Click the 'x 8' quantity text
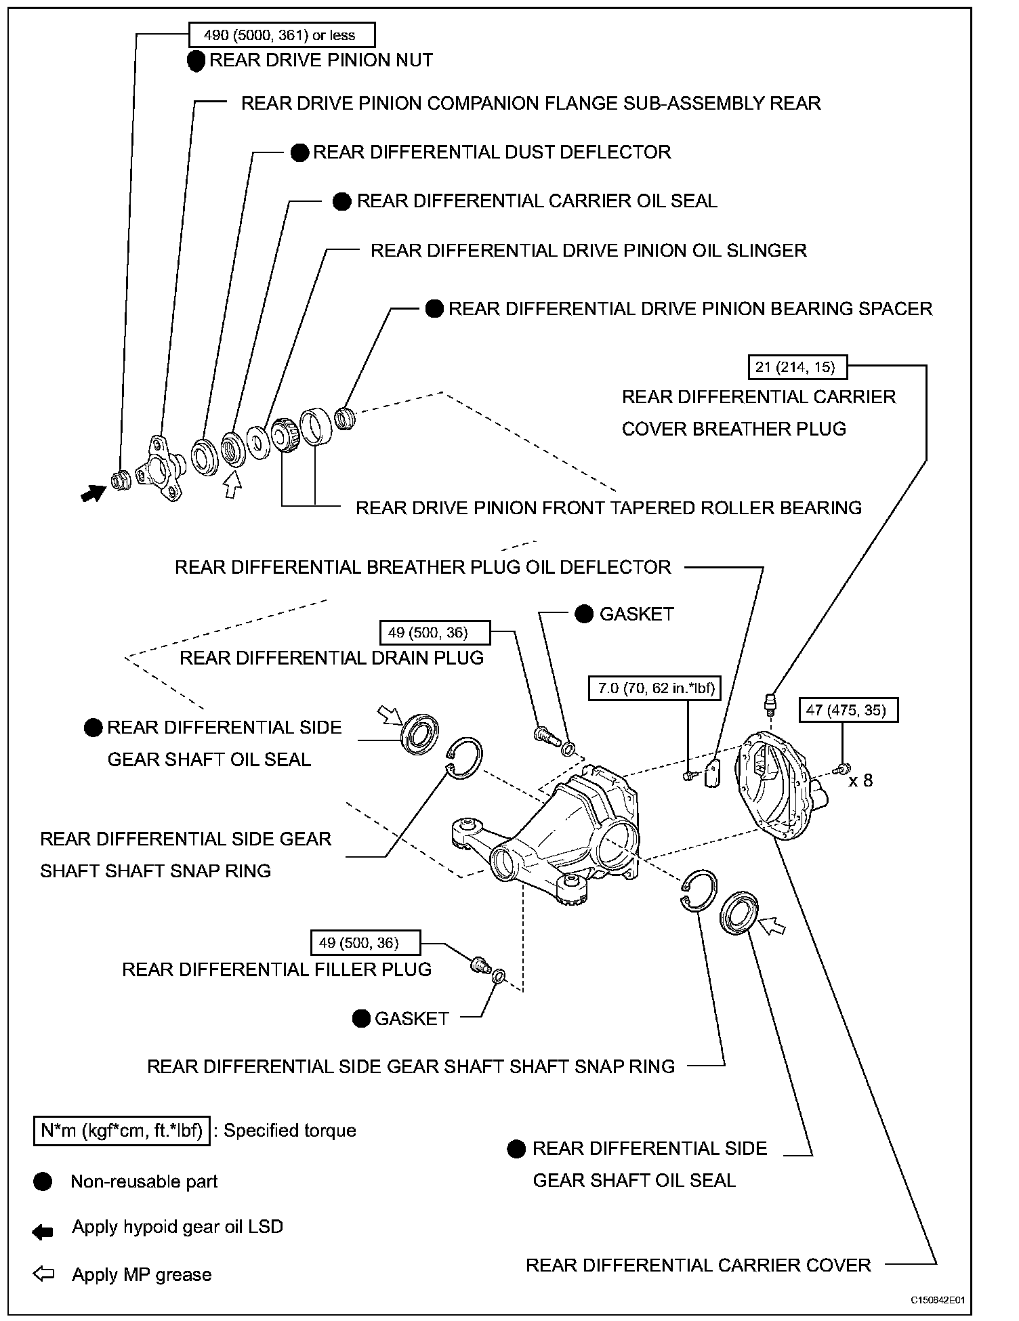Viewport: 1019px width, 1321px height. pos(860,781)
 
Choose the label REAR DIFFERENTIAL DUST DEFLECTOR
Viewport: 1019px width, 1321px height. pos(491,152)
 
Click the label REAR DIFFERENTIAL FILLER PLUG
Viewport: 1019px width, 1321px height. pos(276,969)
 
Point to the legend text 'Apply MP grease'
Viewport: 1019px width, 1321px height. pos(142,1274)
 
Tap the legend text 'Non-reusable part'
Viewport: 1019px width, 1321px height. pos(144,1181)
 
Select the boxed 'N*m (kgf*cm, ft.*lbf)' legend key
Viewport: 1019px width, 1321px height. pos(121,1131)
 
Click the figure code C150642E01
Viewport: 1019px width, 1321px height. pos(937,1301)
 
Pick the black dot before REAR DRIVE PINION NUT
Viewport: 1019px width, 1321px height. pos(196,61)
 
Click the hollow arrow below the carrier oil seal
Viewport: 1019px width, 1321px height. pos(232,485)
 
